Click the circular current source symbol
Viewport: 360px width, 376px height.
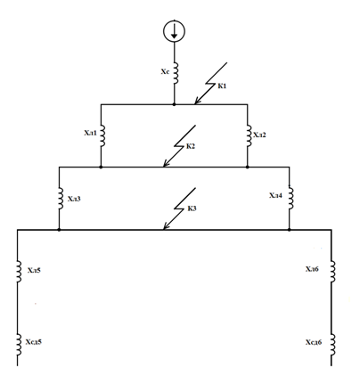(x=174, y=31)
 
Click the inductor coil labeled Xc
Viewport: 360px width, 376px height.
(x=176, y=73)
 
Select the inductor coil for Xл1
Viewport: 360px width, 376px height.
(x=102, y=135)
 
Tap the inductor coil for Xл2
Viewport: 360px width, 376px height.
(x=249, y=135)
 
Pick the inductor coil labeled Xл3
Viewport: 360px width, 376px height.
(x=61, y=199)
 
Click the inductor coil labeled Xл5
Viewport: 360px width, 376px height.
(x=19, y=272)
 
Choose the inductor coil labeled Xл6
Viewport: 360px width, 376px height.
(x=332, y=272)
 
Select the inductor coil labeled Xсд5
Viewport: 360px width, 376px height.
(x=19, y=345)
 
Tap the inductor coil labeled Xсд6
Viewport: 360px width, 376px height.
(x=332, y=345)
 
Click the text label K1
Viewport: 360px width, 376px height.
(x=222, y=86)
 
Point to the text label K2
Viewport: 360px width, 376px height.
(x=191, y=146)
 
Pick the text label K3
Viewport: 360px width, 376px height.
(x=192, y=208)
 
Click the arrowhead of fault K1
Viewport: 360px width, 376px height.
(x=197, y=102)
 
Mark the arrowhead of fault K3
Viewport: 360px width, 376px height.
(x=166, y=227)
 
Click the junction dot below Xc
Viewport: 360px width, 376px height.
(x=174, y=104)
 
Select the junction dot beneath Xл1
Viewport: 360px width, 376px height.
(x=101, y=168)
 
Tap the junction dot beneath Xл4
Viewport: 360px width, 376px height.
(x=290, y=230)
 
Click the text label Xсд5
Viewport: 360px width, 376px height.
(x=34, y=342)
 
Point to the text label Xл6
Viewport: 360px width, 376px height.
(x=312, y=269)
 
